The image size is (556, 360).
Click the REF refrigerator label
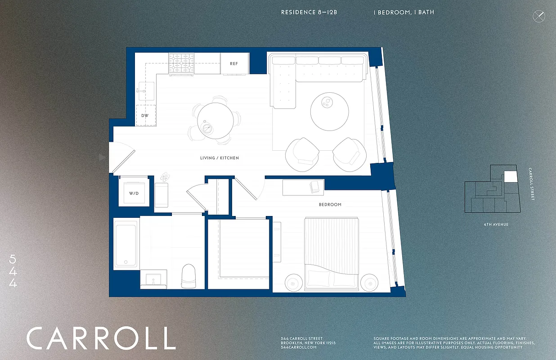point(234,64)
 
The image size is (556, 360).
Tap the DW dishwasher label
point(145,116)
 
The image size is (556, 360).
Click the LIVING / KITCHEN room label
point(220,158)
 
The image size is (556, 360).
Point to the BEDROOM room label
point(330,205)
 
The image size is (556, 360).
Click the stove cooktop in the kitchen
point(182,63)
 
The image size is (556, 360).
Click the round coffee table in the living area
point(329,111)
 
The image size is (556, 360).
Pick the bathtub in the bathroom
point(126,243)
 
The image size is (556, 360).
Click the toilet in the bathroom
point(188,275)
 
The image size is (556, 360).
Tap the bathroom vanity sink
point(153,280)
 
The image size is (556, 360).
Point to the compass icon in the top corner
point(538,17)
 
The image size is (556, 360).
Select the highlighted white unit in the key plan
point(511,176)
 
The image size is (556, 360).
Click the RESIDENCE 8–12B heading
point(309,13)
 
